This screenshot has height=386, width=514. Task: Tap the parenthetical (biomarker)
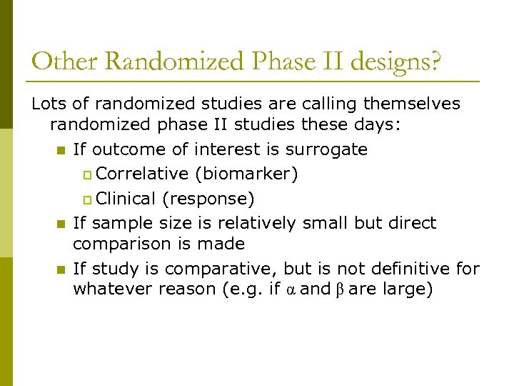pos(246,174)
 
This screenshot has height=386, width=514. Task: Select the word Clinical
pos(126,198)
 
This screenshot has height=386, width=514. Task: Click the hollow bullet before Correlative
pos(88,174)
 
